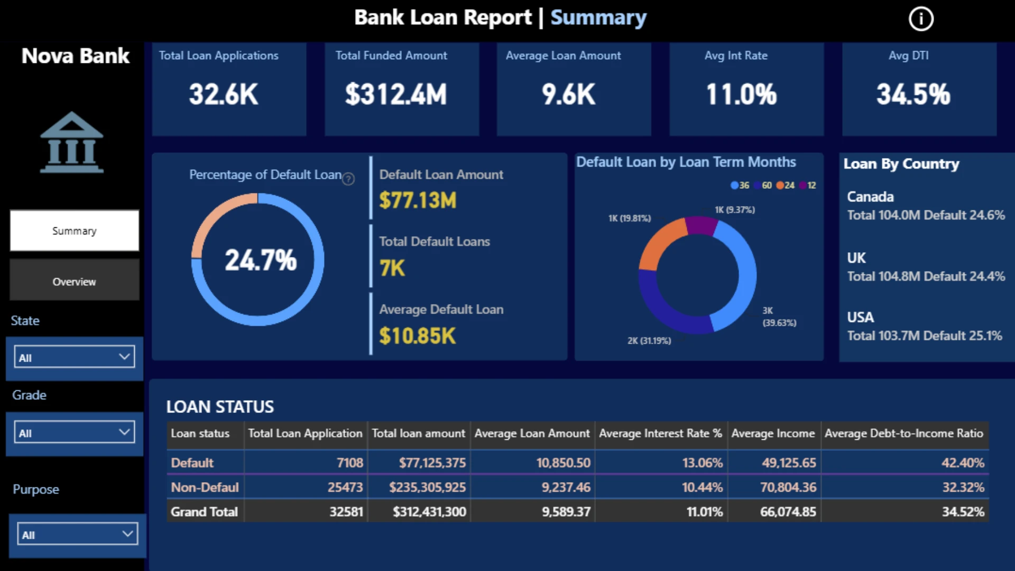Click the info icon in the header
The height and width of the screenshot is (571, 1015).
tap(921, 19)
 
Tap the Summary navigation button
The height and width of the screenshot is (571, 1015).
tap(75, 231)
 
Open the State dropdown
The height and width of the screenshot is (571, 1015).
tap(74, 357)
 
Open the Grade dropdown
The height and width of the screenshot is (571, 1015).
tap(74, 432)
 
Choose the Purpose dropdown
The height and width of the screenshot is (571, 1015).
tap(77, 534)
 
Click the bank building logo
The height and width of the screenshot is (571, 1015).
tap(72, 142)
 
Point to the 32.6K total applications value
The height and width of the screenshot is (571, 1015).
tap(224, 95)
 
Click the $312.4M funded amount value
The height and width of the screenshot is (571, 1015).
tap(396, 95)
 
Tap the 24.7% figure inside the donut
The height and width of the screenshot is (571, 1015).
tap(261, 260)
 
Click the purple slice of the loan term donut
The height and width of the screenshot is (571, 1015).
tap(702, 225)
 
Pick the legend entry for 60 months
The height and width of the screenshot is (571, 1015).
tap(763, 186)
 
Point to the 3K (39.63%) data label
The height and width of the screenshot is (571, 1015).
tap(779, 317)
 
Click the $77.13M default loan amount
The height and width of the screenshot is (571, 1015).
tap(418, 200)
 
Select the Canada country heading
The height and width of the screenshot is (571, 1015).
tap(870, 197)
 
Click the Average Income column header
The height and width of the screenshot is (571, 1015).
tap(773, 434)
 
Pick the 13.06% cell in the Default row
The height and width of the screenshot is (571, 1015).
tap(702, 463)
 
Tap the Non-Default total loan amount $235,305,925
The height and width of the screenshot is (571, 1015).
tap(427, 487)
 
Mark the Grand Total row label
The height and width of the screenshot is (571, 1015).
tap(204, 512)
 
